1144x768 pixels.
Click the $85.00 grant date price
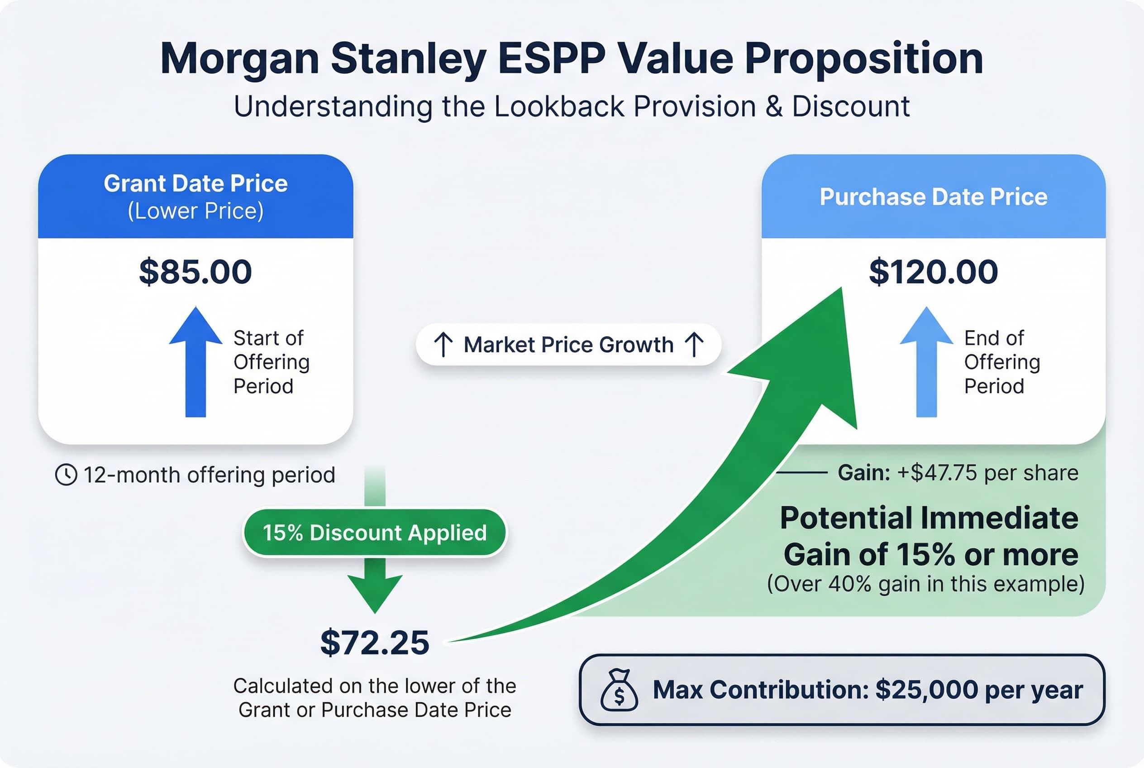click(x=195, y=272)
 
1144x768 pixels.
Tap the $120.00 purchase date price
click(x=933, y=272)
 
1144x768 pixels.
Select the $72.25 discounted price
click(x=375, y=643)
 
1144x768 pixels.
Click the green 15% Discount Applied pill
click(x=375, y=533)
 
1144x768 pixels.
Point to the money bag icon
click(x=619, y=690)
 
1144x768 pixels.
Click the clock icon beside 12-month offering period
click(x=66, y=475)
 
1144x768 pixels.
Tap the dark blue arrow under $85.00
click(x=195, y=362)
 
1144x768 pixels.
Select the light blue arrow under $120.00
click(x=926, y=362)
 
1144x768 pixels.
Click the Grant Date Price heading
click(x=195, y=184)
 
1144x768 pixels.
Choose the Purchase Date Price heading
click(x=933, y=197)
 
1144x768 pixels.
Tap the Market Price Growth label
click(x=568, y=345)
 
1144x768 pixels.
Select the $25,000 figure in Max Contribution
click(x=926, y=690)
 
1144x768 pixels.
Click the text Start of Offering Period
click(x=271, y=362)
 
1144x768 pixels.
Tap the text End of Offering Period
click(x=1001, y=362)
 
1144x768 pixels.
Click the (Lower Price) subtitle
click(x=195, y=211)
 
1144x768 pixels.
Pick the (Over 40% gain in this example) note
click(x=925, y=584)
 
